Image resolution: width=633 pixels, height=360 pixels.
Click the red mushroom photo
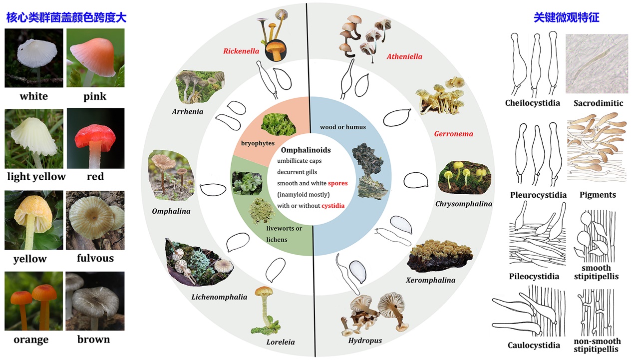(x=95, y=138)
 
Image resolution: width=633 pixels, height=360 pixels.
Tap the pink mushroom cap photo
(x=95, y=57)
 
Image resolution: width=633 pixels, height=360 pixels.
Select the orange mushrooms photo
(x=34, y=301)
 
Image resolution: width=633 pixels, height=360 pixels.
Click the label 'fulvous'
(x=95, y=258)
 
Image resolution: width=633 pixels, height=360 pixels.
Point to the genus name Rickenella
(x=241, y=51)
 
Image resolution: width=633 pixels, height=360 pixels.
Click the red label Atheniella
(x=404, y=57)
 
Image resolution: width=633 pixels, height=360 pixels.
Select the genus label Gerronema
(x=453, y=134)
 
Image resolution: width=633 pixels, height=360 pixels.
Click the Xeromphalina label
(x=430, y=280)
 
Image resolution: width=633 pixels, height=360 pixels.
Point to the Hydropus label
(x=365, y=341)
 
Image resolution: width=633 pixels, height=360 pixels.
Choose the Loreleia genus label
(x=281, y=342)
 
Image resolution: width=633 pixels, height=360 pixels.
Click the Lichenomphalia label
(x=219, y=297)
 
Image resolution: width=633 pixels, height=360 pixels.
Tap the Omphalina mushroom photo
(x=171, y=174)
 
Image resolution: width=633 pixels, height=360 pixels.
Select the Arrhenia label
(x=188, y=111)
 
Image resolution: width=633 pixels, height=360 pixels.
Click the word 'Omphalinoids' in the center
(x=306, y=150)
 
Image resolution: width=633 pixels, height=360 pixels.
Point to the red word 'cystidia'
(x=333, y=206)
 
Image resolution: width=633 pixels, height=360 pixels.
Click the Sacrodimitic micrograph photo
(x=597, y=63)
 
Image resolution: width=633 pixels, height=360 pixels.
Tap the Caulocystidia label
(x=534, y=346)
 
